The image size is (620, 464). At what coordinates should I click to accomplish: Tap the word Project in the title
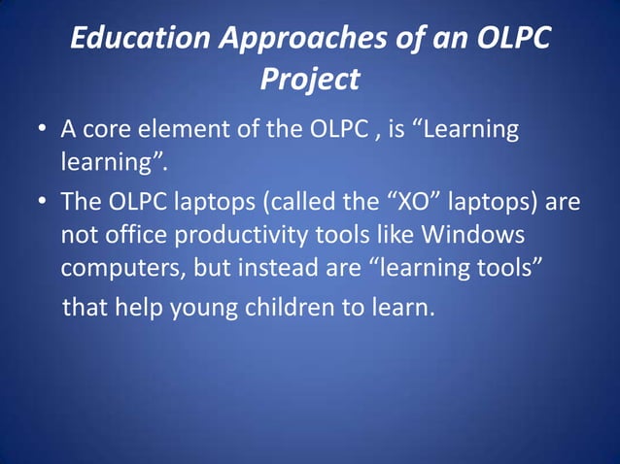click(309, 79)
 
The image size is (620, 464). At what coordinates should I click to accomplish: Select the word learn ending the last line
click(399, 308)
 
